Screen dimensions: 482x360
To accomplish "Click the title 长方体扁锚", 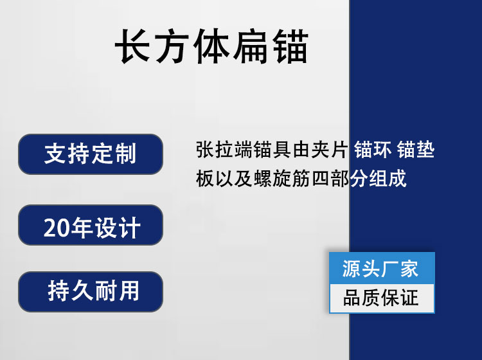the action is coord(211,46).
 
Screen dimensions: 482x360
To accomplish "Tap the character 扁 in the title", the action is coord(250,46).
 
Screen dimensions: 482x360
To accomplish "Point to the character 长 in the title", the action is coord(132,46).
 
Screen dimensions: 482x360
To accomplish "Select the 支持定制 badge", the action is coord(91,154).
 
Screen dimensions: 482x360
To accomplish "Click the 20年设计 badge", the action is coord(91,225).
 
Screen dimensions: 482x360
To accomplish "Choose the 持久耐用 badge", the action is coord(91,292).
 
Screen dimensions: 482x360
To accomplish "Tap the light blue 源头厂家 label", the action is coord(382,268).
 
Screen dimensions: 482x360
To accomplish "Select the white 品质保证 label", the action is coord(382,298).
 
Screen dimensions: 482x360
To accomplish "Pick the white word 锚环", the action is coord(373,150).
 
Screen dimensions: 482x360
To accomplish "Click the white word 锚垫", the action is coord(416,150).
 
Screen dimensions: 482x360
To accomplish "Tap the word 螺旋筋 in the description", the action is coord(282,179).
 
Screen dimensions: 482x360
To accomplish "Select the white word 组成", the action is coord(388,179).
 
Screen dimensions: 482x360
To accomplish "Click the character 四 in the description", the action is coord(321,179).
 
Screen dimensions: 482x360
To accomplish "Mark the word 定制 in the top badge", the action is coord(113,154).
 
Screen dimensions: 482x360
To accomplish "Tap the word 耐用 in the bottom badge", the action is coord(116,291).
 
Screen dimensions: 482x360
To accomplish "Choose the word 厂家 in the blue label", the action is coord(399,269).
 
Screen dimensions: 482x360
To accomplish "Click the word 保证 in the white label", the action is coord(399,298).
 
